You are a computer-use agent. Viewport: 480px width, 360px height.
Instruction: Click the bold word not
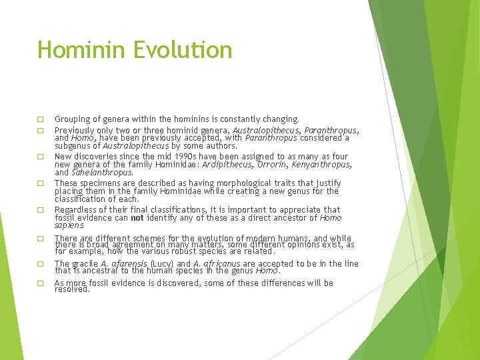[137, 218]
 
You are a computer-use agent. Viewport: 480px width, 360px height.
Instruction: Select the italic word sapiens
[69, 226]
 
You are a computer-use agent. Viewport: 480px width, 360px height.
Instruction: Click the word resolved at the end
[72, 290]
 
